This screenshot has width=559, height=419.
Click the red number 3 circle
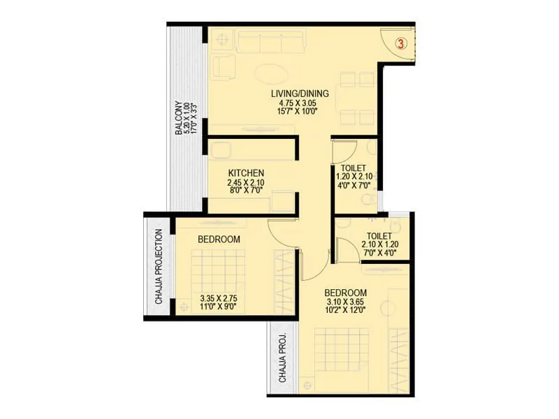[401, 43]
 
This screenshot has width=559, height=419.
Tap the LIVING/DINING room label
[300, 93]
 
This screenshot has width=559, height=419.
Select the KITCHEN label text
[245, 172]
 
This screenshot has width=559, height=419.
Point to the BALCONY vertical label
[180, 116]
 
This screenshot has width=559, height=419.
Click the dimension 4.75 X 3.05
[300, 103]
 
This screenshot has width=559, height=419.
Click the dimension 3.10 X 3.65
[345, 302]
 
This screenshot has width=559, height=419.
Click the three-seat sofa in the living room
[272, 41]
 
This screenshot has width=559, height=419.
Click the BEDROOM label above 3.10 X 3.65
[345, 292]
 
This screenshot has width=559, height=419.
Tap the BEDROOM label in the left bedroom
[219, 239]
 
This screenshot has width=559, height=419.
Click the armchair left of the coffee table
[226, 67]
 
